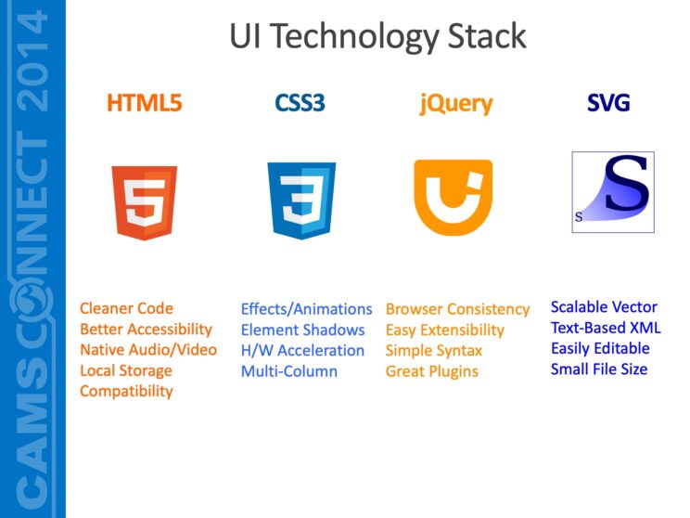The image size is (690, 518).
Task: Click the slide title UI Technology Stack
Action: click(x=377, y=36)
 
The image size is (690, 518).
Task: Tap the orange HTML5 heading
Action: click(x=145, y=103)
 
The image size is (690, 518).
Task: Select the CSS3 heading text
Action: click(x=300, y=103)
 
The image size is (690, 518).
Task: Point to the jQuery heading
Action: click(x=455, y=103)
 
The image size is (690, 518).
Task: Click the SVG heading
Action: click(x=608, y=103)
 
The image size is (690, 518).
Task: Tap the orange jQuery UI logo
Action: click(x=454, y=197)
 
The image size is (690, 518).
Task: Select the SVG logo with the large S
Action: click(x=613, y=191)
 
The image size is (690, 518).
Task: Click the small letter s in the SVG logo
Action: click(x=579, y=217)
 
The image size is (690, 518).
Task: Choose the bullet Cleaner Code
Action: click(x=126, y=308)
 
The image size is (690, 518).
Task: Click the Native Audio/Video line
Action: click(x=147, y=350)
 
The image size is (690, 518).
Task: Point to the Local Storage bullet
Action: click(x=126, y=370)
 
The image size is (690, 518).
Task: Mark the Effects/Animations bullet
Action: click(x=306, y=309)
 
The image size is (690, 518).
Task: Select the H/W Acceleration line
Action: click(x=302, y=350)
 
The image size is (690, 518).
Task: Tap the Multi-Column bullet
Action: click(x=289, y=371)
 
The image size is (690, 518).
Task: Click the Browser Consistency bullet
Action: click(x=457, y=309)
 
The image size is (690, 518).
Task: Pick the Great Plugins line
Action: click(x=432, y=371)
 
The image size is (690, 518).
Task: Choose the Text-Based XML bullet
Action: click(x=606, y=328)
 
